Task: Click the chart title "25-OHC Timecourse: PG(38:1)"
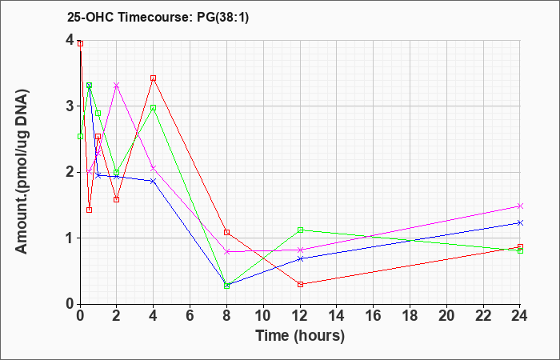pyautogui.click(x=158, y=18)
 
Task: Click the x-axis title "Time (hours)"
pyautogui.click(x=300, y=336)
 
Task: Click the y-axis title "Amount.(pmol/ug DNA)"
pyautogui.click(x=22, y=172)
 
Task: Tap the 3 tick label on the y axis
pyautogui.click(x=70, y=106)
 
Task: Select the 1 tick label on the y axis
pyautogui.click(x=70, y=238)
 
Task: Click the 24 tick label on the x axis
pyautogui.click(x=520, y=315)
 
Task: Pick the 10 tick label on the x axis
pyautogui.click(x=263, y=315)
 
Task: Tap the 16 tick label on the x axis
pyautogui.click(x=374, y=315)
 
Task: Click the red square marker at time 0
pyautogui.click(x=80, y=43)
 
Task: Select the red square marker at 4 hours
pyautogui.click(x=154, y=78)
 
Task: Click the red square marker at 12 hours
pyautogui.click(x=300, y=284)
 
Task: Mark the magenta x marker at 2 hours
pyautogui.click(x=117, y=85)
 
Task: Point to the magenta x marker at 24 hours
pyautogui.click(x=520, y=206)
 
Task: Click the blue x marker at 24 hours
pyautogui.click(x=520, y=223)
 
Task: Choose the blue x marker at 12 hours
pyautogui.click(x=300, y=258)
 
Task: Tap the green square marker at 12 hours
pyautogui.click(x=300, y=230)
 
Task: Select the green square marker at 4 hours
pyautogui.click(x=154, y=107)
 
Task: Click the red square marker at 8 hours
pyautogui.click(x=226, y=232)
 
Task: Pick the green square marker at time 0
pyautogui.click(x=80, y=137)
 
